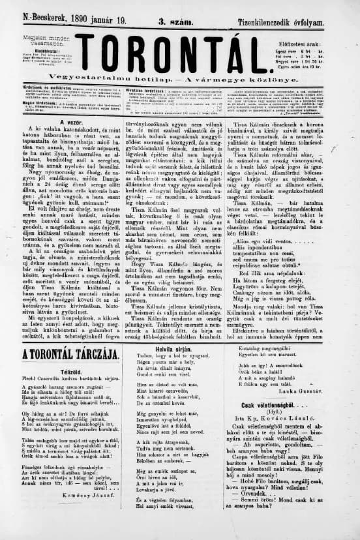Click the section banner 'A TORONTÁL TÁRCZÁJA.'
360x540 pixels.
coord(70,354)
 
